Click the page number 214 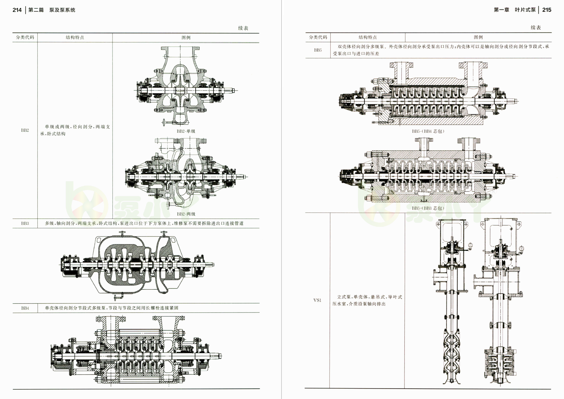click(17, 10)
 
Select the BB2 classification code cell click(25, 130)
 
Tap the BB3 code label click(25, 223)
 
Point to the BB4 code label click(25, 308)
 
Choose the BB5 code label click(318, 50)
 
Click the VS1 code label click(318, 300)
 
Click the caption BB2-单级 click(186, 131)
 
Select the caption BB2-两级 click(186, 214)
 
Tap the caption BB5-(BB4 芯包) click(428, 131)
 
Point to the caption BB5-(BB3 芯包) click(428, 208)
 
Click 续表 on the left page click(243, 28)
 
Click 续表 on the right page click(536, 28)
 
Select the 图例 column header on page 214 click(186, 37)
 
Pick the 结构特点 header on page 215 click(367, 37)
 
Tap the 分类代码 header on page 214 click(25, 37)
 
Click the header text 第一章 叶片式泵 click(515, 10)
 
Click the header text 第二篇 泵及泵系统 click(52, 10)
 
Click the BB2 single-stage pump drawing click(186, 87)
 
